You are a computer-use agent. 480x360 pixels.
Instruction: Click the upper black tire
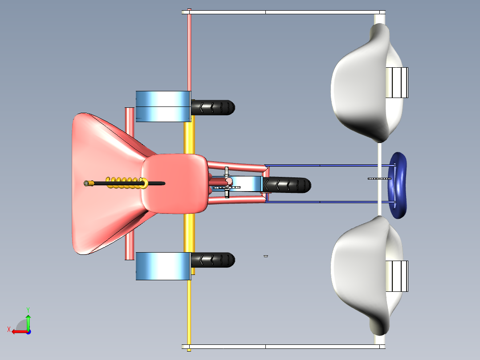tap(213, 107)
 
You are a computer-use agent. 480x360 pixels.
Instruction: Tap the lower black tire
tap(213, 260)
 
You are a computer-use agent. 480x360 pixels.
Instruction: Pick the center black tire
tap(287, 185)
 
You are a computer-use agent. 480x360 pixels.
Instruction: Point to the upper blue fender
tap(163, 106)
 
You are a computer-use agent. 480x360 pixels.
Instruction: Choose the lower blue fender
tap(163, 266)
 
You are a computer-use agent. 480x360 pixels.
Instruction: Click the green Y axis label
tap(28, 310)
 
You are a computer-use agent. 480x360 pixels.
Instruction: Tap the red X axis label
tap(9, 329)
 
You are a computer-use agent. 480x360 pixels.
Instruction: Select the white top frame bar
tap(284, 12)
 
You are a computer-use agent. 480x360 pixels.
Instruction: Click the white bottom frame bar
tap(284, 347)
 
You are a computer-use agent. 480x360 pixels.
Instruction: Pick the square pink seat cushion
tap(175, 184)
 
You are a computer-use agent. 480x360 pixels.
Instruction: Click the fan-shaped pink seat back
tap(104, 184)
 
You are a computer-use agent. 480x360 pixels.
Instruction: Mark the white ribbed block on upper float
tap(397, 82)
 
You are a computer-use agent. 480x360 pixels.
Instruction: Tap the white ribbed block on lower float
tap(397, 276)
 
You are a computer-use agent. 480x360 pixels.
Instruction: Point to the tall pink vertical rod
tap(190, 50)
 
